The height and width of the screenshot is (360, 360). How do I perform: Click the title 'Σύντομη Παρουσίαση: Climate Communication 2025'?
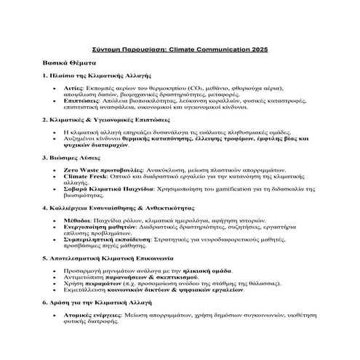(180, 49)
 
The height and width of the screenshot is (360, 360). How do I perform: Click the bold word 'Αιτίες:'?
(76, 87)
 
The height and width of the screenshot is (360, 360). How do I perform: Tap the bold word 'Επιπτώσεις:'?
(84, 100)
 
